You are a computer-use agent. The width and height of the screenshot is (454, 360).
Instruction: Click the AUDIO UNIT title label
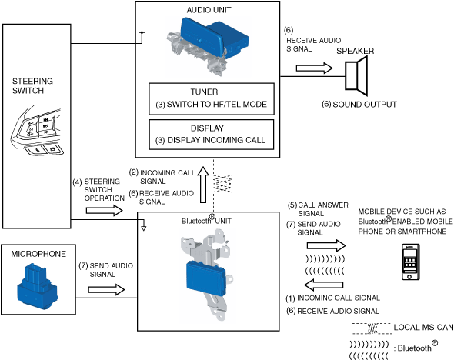click(x=209, y=10)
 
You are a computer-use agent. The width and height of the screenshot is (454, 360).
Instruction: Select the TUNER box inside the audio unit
click(x=212, y=98)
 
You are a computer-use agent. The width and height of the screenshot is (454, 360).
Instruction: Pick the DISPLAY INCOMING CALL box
click(x=212, y=135)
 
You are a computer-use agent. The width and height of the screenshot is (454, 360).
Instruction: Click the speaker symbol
click(x=356, y=76)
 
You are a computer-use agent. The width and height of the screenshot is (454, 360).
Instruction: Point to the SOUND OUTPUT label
click(x=359, y=105)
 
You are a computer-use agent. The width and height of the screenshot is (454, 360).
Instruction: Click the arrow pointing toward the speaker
click(x=315, y=68)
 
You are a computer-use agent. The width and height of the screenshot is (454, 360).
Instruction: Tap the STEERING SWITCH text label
click(x=32, y=85)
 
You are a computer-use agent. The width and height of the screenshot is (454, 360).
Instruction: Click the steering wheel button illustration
click(x=37, y=132)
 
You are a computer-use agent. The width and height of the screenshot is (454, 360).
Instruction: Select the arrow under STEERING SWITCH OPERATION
click(x=105, y=211)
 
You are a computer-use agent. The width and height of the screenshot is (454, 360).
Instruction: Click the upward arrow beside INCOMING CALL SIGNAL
click(x=203, y=185)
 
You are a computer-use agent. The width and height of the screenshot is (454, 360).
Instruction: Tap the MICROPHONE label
click(x=38, y=254)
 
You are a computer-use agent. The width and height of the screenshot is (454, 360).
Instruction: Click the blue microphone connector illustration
click(x=37, y=286)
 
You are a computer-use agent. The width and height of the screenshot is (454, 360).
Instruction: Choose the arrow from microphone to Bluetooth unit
click(x=106, y=290)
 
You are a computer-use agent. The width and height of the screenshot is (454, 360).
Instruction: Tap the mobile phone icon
click(x=411, y=262)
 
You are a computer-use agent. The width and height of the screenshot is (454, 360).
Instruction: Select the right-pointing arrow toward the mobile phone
click(x=326, y=246)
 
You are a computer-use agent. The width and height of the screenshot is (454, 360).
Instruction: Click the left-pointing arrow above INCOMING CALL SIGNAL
click(x=324, y=285)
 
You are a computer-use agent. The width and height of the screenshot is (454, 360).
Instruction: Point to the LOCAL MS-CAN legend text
click(x=423, y=328)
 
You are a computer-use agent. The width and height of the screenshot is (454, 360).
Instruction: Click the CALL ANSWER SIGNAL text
click(x=319, y=209)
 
